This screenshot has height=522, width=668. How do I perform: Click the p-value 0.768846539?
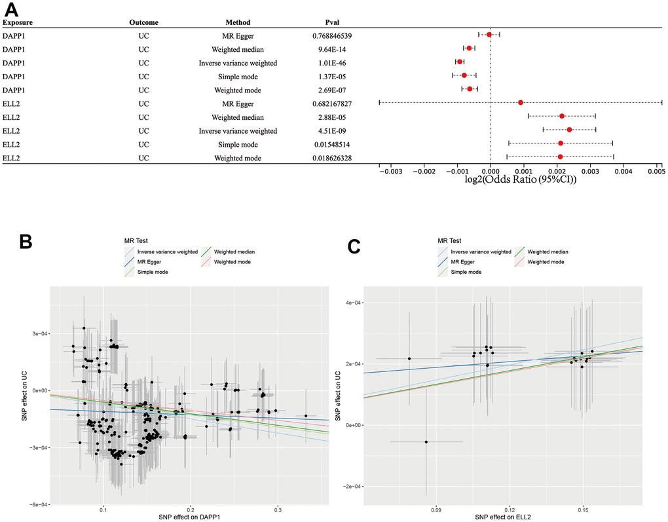click(335, 35)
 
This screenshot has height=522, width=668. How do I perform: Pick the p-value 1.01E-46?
click(335, 63)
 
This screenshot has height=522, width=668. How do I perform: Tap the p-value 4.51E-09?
click(335, 130)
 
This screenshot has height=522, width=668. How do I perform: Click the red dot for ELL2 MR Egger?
click(521, 103)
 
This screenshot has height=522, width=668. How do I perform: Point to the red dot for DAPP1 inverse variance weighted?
click(460, 62)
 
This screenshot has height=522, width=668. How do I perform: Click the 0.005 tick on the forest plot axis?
click(657, 172)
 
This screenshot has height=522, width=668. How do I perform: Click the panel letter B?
click(26, 242)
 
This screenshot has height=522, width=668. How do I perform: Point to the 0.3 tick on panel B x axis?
click(278, 509)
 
